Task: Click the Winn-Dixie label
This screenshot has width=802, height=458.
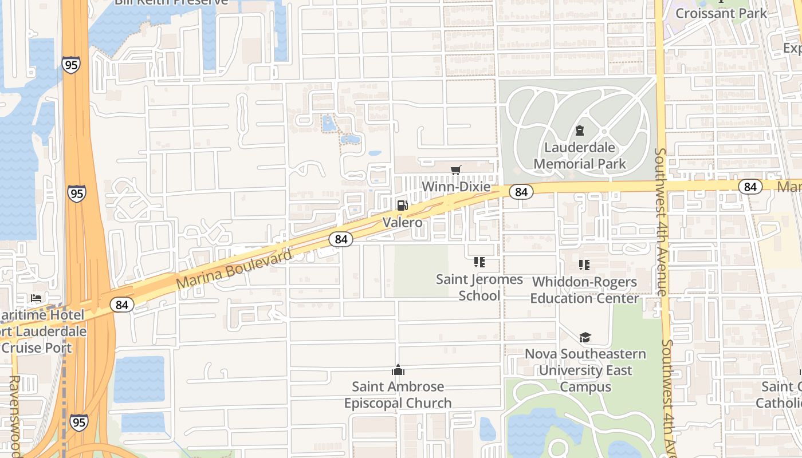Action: pyautogui.click(x=456, y=187)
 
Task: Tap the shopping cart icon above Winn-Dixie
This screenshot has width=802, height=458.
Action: pyautogui.click(x=456, y=170)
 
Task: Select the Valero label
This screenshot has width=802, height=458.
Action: pyautogui.click(x=402, y=222)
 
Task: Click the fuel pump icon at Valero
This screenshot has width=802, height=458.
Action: pyautogui.click(x=402, y=206)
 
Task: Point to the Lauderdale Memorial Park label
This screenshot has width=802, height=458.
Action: pyautogui.click(x=580, y=155)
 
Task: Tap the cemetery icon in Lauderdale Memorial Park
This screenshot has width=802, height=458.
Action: pyautogui.click(x=580, y=131)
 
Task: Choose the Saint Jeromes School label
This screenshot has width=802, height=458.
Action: pyautogui.click(x=479, y=287)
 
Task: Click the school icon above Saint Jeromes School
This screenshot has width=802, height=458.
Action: pyautogui.click(x=479, y=263)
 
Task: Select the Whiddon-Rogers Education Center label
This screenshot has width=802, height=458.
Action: pyautogui.click(x=584, y=290)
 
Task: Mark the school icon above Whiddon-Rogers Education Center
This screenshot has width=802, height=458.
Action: pyautogui.click(x=584, y=265)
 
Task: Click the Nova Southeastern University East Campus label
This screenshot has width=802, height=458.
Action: pyautogui.click(x=585, y=370)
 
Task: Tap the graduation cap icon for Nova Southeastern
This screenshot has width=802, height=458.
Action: pyautogui.click(x=585, y=338)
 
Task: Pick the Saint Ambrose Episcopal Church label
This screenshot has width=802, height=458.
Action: pyautogui.click(x=398, y=394)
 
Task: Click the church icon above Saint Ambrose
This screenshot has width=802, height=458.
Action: pyautogui.click(x=398, y=370)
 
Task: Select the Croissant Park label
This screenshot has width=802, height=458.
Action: pyautogui.click(x=721, y=13)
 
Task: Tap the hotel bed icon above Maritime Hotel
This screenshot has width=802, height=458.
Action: pyautogui.click(x=36, y=298)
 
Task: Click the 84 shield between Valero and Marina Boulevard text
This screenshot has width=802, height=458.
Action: pyautogui.click(x=341, y=239)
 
